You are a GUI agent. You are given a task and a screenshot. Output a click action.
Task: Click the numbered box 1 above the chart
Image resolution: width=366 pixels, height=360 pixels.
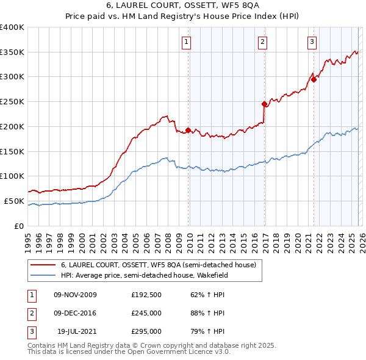(x=186, y=42)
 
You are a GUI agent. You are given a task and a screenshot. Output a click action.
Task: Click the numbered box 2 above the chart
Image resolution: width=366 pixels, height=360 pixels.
(x=262, y=42)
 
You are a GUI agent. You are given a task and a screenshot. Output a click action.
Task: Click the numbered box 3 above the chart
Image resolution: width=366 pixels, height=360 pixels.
(x=312, y=42)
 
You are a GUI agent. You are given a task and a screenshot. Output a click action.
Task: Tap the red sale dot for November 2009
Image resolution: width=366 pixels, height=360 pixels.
(x=188, y=130)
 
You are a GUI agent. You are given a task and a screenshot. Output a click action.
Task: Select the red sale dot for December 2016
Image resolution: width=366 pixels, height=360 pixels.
(x=264, y=104)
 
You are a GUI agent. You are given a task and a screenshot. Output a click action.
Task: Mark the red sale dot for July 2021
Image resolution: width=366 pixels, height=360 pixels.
(x=314, y=79)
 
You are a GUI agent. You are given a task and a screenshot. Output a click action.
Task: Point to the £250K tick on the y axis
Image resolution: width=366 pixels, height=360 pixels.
(x=12, y=101)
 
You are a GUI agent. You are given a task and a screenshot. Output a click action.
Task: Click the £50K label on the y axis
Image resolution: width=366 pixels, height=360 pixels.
(x=15, y=201)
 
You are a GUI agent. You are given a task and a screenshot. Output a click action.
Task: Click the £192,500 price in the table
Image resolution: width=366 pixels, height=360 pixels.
(x=146, y=295)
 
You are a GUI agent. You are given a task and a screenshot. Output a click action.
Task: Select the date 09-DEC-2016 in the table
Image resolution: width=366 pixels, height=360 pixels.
(x=75, y=313)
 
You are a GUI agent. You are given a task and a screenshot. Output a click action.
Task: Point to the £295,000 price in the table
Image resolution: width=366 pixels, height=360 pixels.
(x=146, y=331)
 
